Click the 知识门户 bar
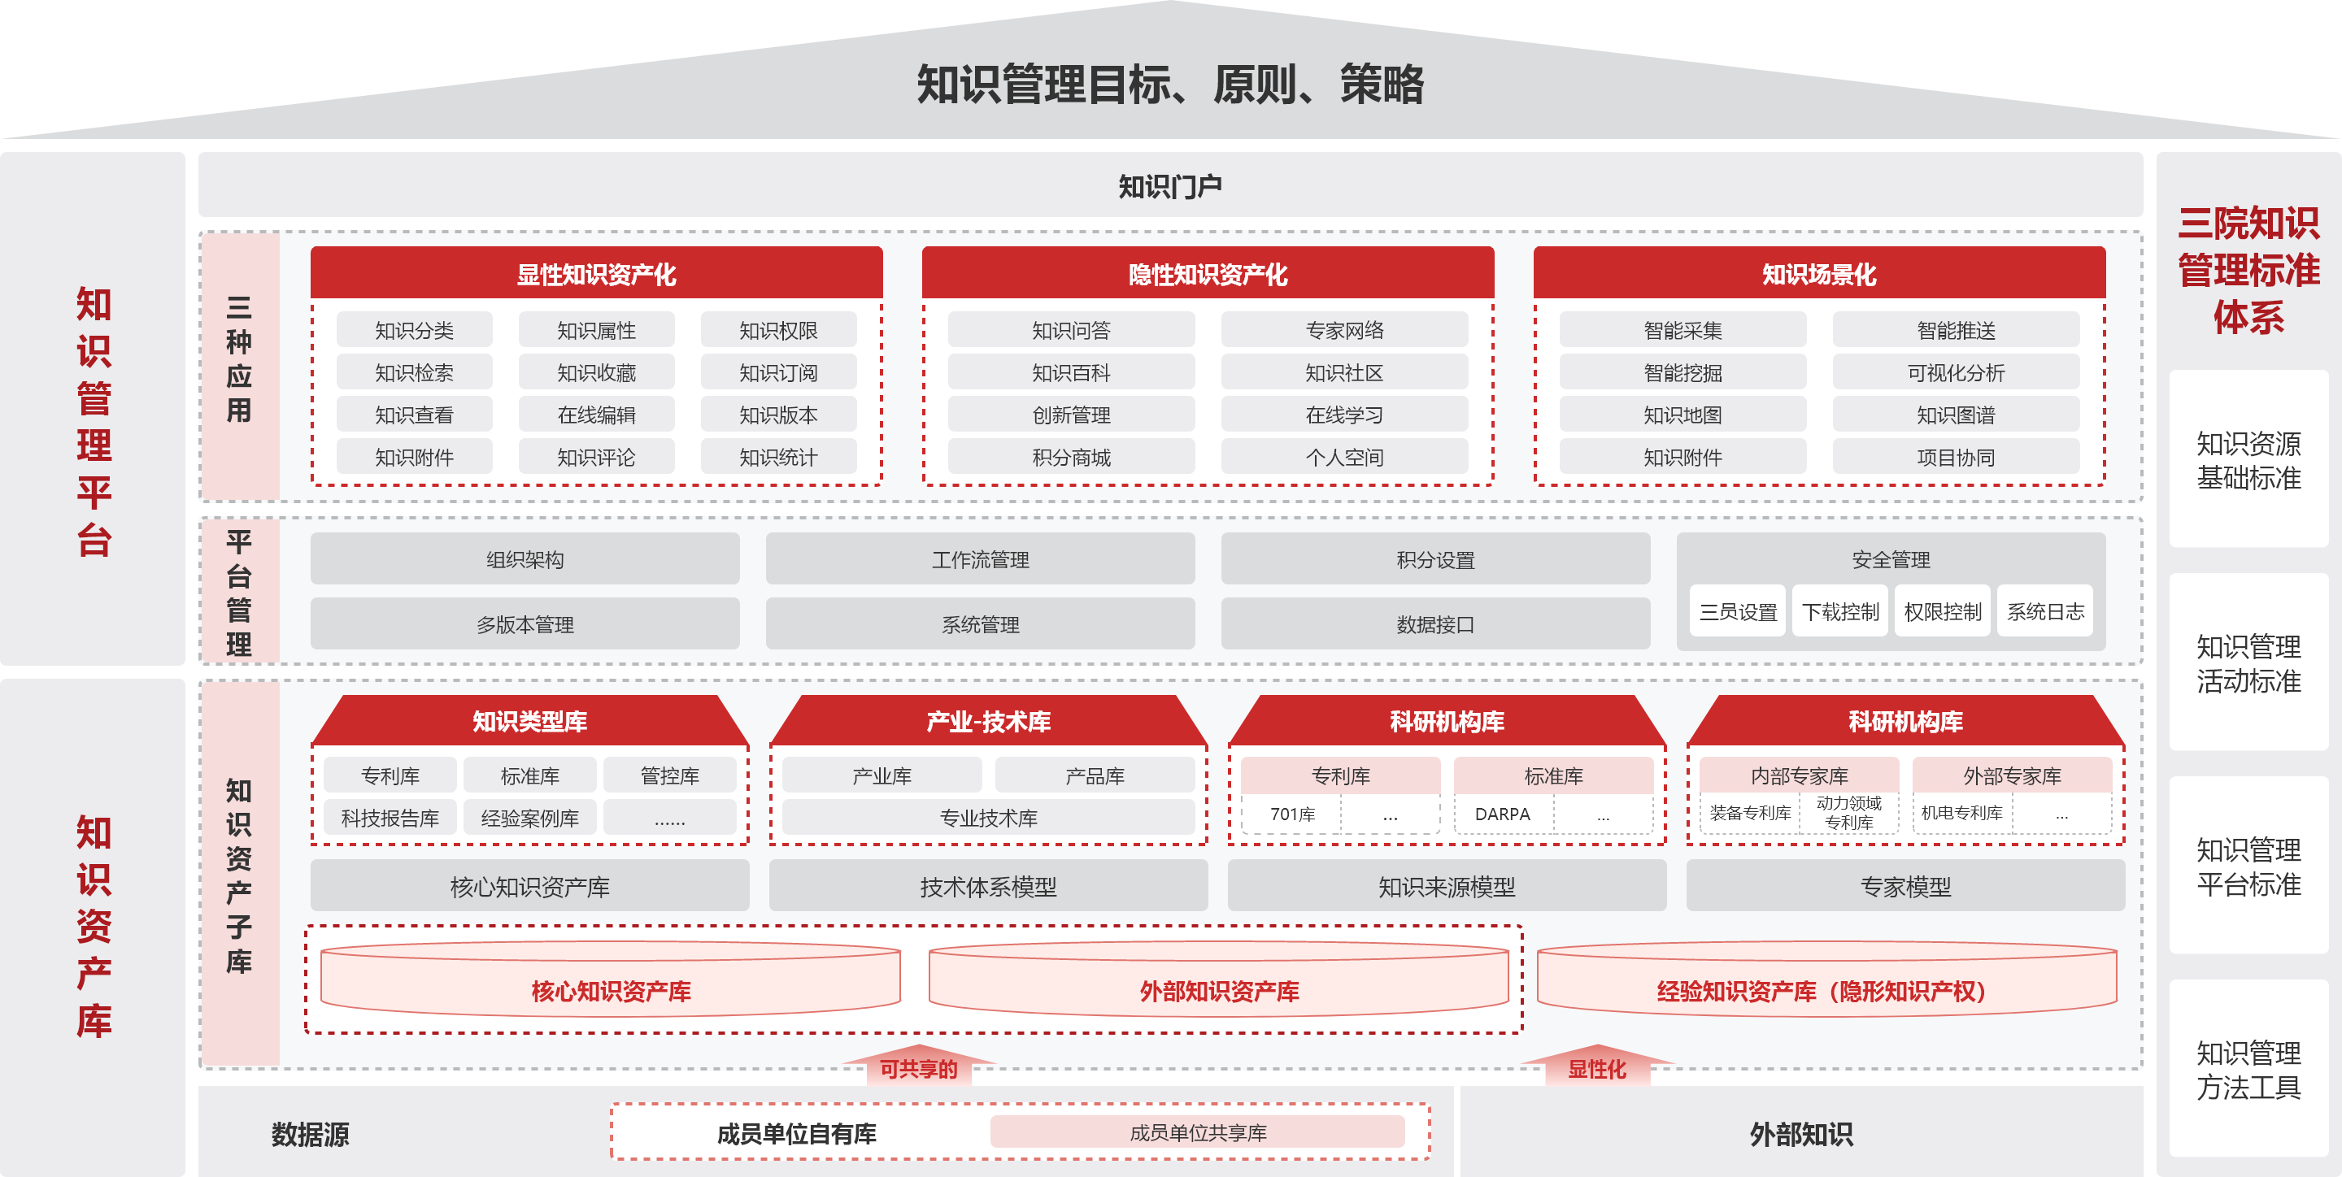click(x=1169, y=186)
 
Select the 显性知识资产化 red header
click(x=595, y=274)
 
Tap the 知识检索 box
click(x=414, y=372)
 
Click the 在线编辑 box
click(x=595, y=415)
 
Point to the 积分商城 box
click(x=1071, y=457)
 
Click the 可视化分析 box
click(x=1955, y=372)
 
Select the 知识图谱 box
click(x=1955, y=415)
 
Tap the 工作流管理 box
click(x=980, y=559)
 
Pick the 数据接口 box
click(x=1434, y=624)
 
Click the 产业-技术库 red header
click(x=988, y=722)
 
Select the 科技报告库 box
click(x=390, y=818)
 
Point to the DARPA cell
click(x=1502, y=814)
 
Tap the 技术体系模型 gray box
click(x=988, y=886)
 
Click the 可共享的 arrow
click(x=918, y=1067)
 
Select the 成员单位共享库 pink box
click(x=1197, y=1132)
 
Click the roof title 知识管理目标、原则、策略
click(x=1169, y=85)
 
